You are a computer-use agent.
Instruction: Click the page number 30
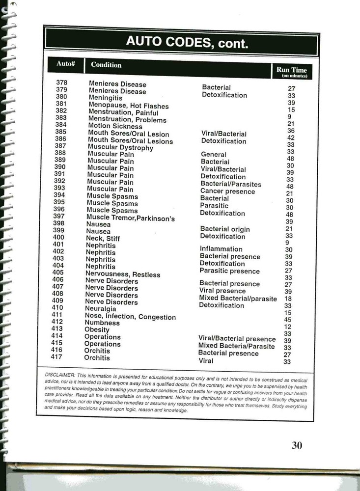[297, 445]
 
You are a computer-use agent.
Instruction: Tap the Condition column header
[106, 65]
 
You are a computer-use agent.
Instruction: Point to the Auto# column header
[65, 64]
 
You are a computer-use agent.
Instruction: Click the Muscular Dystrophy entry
[120, 147]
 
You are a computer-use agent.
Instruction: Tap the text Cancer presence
[227, 191]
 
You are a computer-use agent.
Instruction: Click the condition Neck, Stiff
[103, 239]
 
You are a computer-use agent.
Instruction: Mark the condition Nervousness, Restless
[122, 274]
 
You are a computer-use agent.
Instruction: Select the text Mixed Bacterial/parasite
[238, 298]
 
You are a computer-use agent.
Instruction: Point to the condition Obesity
[97, 330]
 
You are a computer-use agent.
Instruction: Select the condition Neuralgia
[101, 309]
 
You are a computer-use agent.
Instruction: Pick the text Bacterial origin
[225, 229]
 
